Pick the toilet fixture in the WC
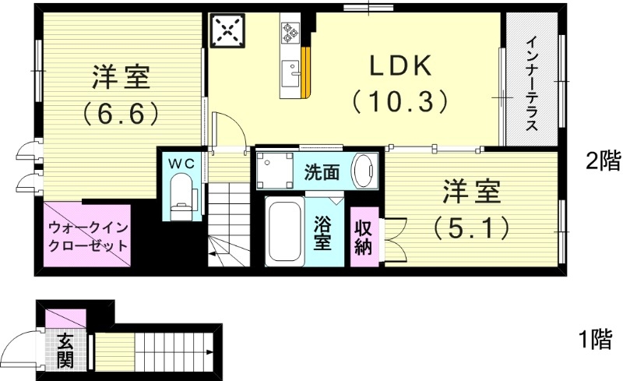(181, 196)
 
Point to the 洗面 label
(322, 172)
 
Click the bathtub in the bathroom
(285, 233)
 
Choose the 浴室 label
(322, 233)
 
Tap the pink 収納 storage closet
(363, 237)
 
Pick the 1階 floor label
(595, 340)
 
